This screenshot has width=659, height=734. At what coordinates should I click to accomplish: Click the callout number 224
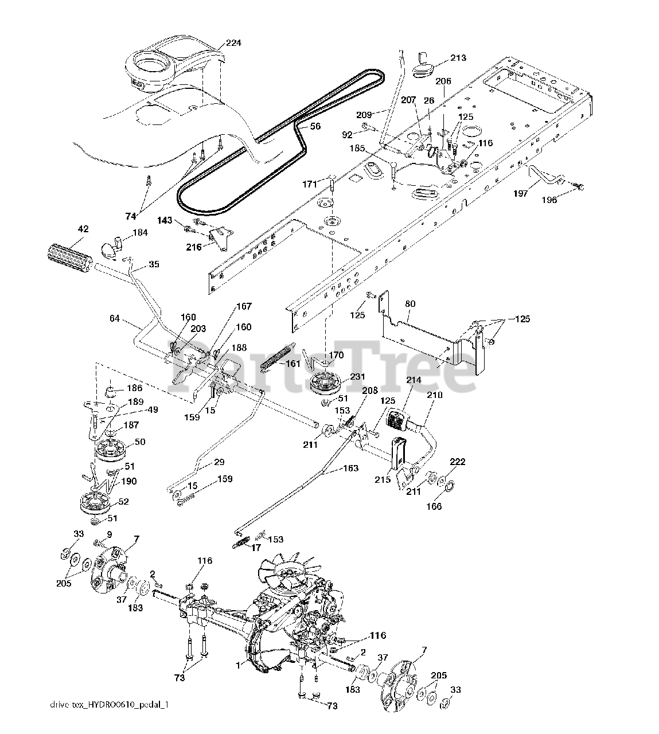point(233,43)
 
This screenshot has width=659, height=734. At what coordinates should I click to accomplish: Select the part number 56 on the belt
point(315,126)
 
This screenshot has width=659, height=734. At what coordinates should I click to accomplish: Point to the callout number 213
point(458,58)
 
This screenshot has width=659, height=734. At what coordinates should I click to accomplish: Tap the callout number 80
point(410,303)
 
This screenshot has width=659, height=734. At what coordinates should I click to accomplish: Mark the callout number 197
point(521,193)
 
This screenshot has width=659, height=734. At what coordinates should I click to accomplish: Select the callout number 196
point(549,200)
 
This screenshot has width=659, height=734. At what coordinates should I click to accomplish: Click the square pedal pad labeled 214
point(399,420)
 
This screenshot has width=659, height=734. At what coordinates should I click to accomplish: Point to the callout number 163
point(351,468)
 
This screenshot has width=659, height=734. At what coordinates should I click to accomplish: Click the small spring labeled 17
point(241,542)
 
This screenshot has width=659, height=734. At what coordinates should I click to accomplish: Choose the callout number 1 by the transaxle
point(238,666)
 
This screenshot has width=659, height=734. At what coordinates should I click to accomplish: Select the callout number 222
point(458,462)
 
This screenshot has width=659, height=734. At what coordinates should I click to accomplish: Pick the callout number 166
point(434,506)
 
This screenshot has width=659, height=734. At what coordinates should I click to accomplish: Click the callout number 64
point(115,318)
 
